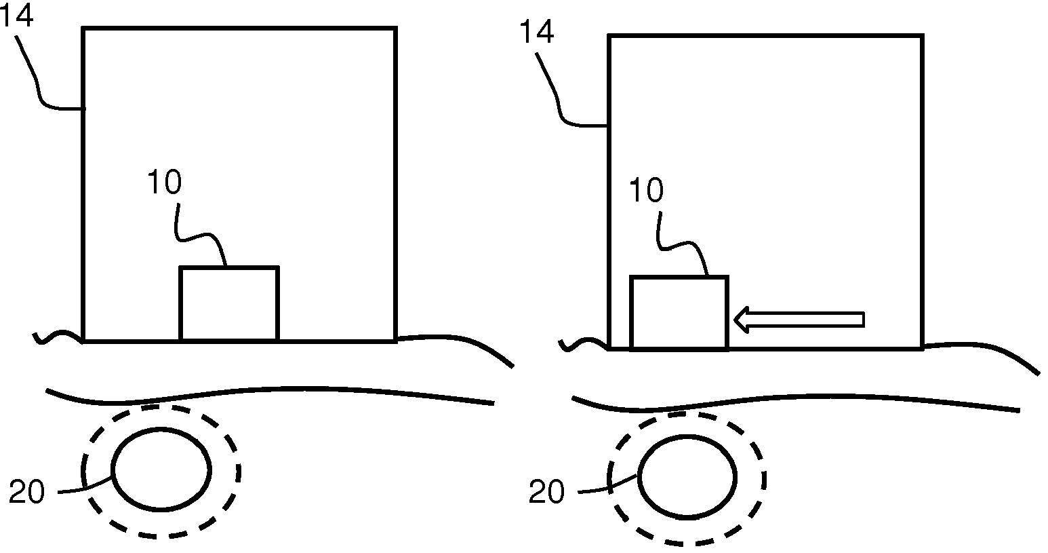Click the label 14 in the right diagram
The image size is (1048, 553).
pyautogui.click(x=537, y=32)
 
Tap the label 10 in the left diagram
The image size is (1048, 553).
pyautogui.click(x=164, y=183)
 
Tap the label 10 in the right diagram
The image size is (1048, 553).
pyautogui.click(x=645, y=192)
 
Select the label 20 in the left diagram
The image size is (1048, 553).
pyautogui.click(x=26, y=493)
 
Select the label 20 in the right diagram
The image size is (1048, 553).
pyautogui.click(x=546, y=493)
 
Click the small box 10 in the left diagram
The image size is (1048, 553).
pyautogui.click(x=229, y=303)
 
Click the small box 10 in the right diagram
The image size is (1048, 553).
pyautogui.click(x=679, y=313)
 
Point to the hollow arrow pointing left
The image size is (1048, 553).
pyautogui.click(x=800, y=320)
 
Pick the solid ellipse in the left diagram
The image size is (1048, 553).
pyautogui.click(x=161, y=469)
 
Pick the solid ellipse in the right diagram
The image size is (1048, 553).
pyautogui.click(x=687, y=478)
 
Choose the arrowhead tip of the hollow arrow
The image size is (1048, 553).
pyautogui.click(x=736, y=320)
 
